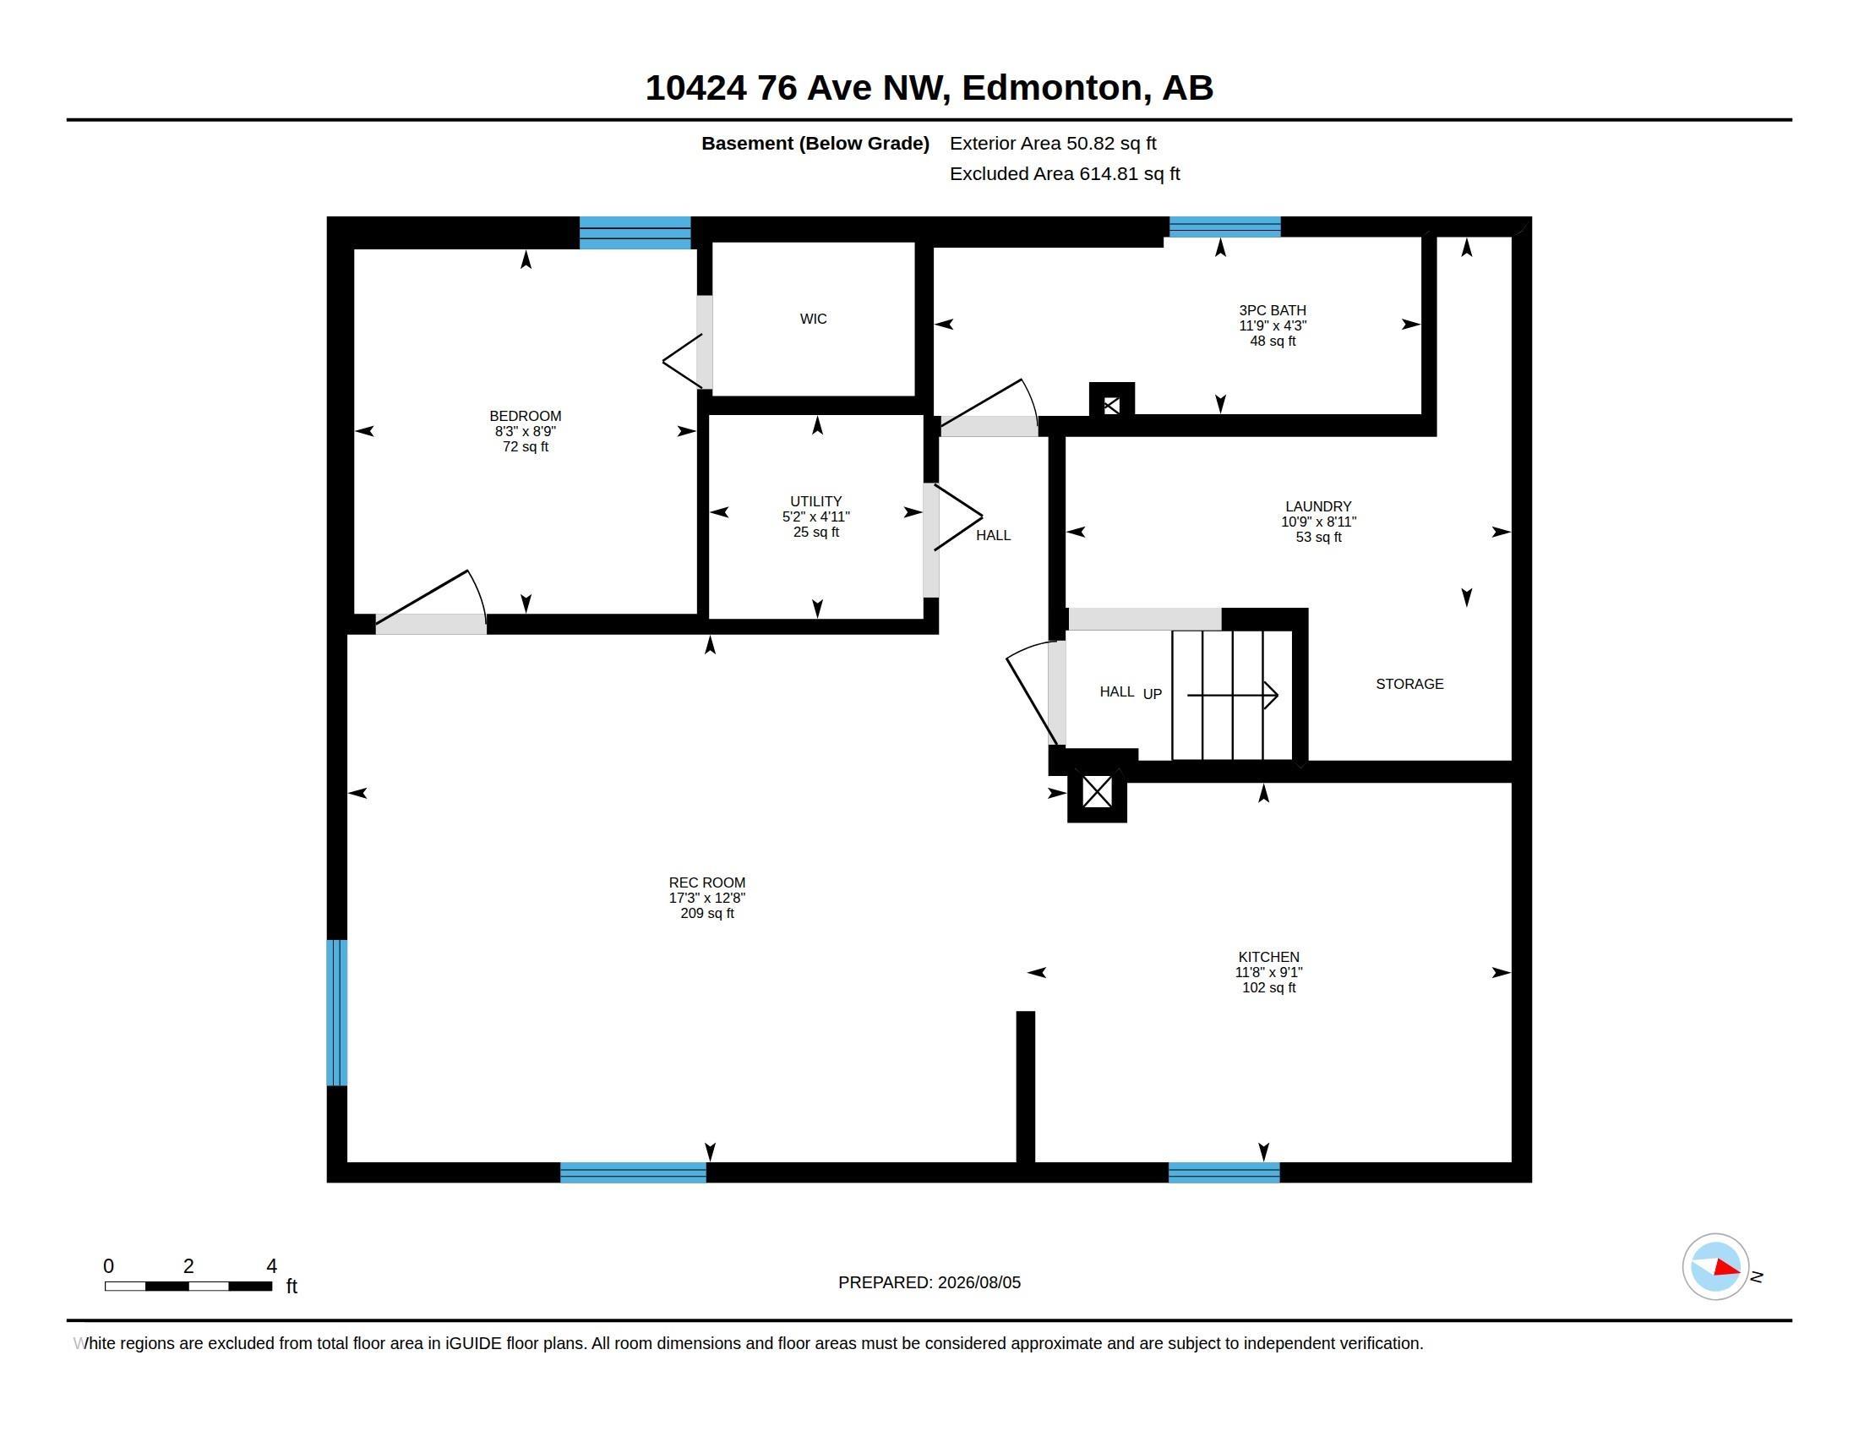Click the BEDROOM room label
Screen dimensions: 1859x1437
coord(526,416)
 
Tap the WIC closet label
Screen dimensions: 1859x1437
coord(813,319)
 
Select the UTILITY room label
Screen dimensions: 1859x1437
coord(815,501)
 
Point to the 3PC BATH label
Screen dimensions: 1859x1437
coord(1273,311)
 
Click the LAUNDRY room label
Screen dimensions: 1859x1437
coord(1318,506)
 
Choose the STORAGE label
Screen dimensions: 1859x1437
coord(1409,684)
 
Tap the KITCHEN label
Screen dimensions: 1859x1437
coord(1268,957)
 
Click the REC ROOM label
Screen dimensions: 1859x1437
coord(706,882)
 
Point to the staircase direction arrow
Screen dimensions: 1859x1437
coord(1233,696)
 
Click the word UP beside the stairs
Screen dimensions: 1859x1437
coord(1152,694)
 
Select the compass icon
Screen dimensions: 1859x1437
coord(1715,1267)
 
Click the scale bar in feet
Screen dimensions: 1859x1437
coord(188,1286)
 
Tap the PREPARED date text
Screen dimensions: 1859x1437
coord(929,1282)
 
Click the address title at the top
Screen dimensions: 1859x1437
coord(929,88)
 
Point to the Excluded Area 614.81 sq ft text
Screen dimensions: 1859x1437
coord(1065,173)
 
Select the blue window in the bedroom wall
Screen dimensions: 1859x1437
coord(635,232)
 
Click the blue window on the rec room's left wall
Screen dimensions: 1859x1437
coord(337,1012)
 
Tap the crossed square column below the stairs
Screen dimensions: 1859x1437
coord(1097,793)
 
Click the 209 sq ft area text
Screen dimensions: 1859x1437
coord(706,914)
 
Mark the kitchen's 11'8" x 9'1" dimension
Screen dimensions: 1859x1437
coord(1268,972)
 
